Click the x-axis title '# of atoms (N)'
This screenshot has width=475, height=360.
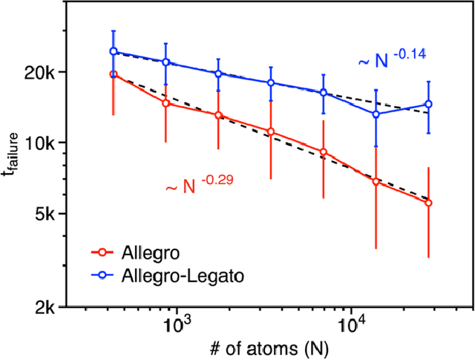[x=263, y=347]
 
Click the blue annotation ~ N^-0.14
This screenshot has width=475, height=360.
[x=392, y=60]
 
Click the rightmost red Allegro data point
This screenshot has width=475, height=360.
[x=428, y=203]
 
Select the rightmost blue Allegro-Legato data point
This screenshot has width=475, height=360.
[x=428, y=104]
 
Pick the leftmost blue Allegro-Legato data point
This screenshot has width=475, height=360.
[x=114, y=51]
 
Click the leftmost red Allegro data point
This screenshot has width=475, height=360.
[x=114, y=74]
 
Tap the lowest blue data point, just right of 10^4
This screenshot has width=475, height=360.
[x=376, y=114]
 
